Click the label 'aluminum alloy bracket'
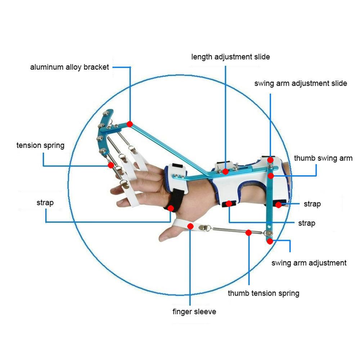[69, 67]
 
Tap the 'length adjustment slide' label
[230, 57]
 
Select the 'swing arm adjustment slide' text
[301, 83]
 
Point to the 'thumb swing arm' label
[323, 158]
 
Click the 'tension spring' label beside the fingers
[40, 145]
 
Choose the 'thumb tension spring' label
[264, 293]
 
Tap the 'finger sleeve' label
[194, 311]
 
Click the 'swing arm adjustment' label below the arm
[309, 263]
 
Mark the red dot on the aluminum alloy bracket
[130, 124]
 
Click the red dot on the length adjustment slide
[225, 171]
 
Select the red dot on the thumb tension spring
[248, 233]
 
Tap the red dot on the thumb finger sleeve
[190, 226]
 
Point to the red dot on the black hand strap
[171, 208]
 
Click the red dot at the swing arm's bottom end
[270, 241]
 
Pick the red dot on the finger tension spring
[111, 165]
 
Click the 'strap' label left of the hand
[45, 203]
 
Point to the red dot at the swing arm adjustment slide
[270, 160]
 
